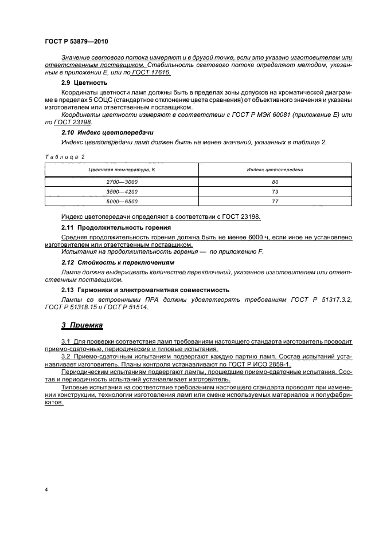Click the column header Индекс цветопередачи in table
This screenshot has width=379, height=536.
point(275,171)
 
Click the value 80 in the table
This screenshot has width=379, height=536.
point(275,182)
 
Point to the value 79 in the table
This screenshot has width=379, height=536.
point(275,191)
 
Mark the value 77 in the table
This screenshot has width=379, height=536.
point(275,201)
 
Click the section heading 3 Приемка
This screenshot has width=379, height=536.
point(82,325)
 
